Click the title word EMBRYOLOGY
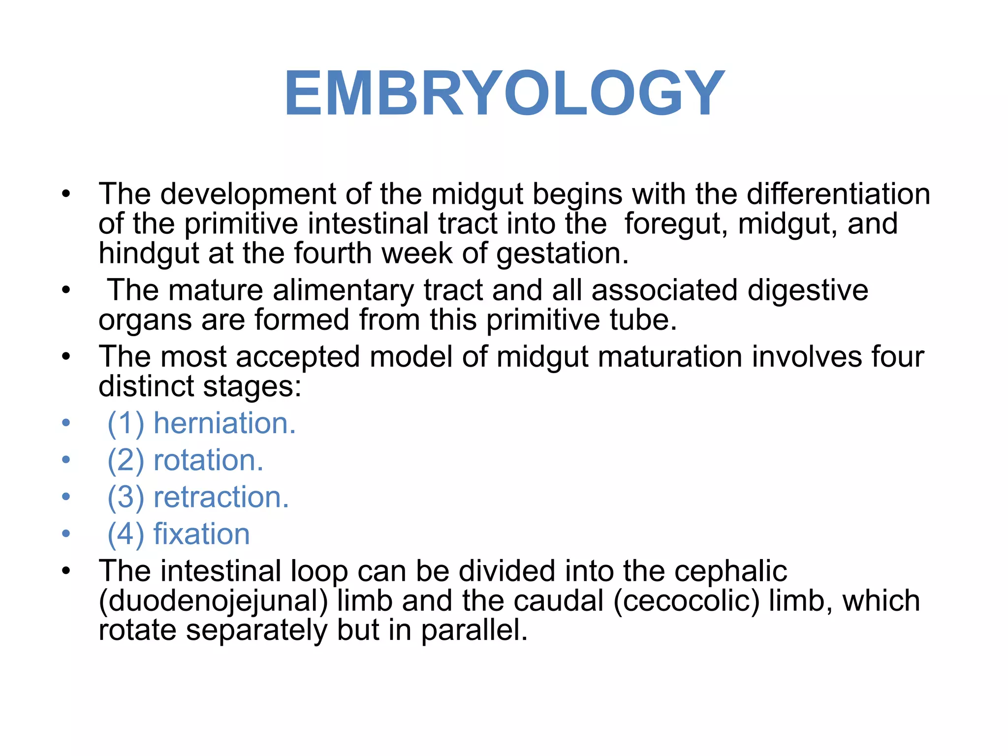[504, 94]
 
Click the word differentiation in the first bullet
[838, 194]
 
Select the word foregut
[676, 223]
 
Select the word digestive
[808, 290]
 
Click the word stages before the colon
[252, 387]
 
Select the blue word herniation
[224, 423]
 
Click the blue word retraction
[221, 497]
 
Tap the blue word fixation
[201, 534]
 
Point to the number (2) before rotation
[126, 461]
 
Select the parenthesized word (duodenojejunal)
[213, 601]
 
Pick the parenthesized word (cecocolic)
[687, 601]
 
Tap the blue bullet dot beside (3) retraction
[66, 497]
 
